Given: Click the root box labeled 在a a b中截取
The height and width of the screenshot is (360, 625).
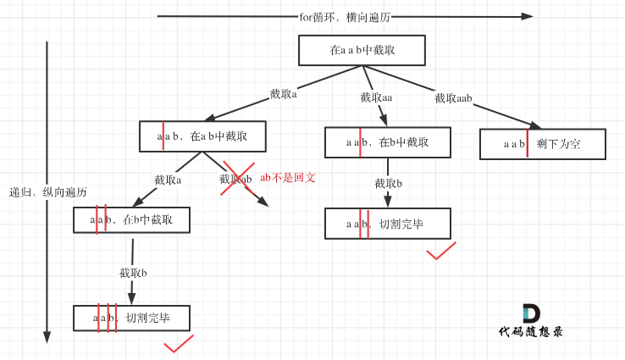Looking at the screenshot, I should [362, 51].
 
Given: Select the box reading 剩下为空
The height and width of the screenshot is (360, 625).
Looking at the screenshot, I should [543, 144].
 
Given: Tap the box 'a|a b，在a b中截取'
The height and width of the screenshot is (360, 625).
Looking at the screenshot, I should [202, 136].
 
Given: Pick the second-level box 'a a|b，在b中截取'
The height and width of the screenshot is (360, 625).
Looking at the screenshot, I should [387, 142].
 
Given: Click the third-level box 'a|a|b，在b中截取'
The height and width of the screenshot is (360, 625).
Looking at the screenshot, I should [131, 220].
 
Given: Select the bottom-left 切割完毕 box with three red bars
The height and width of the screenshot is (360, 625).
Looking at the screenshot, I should [131, 318].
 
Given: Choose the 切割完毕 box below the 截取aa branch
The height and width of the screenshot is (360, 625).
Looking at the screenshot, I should [388, 224].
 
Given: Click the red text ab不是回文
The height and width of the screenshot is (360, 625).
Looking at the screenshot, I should [288, 178].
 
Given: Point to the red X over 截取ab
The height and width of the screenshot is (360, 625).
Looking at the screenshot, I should [236, 180].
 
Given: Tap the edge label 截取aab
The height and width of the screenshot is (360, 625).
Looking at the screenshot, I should [453, 98].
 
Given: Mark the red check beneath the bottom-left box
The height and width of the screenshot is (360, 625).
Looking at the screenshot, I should [179, 344].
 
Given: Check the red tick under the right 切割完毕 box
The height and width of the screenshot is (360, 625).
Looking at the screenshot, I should [440, 251].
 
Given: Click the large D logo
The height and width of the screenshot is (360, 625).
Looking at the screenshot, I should [531, 310].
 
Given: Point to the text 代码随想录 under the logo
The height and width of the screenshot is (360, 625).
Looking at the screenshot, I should [531, 332].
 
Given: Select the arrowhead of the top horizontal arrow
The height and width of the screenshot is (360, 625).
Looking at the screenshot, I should [527, 16].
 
